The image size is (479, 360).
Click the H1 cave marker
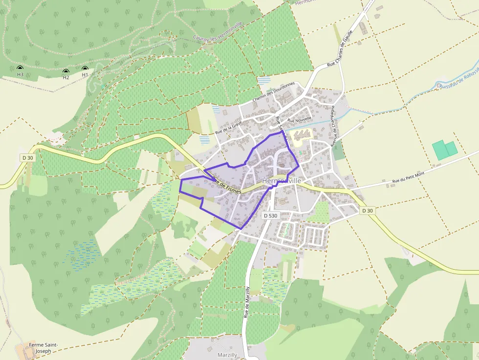(x=85, y=69)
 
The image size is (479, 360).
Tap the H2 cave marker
(x=66, y=71)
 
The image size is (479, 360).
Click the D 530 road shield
(x=270, y=215)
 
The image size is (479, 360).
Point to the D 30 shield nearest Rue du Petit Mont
(x=368, y=211)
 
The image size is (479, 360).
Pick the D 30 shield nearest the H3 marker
(x=28, y=158)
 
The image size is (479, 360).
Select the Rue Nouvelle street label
(x=300, y=119)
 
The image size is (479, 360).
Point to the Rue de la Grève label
(x=229, y=127)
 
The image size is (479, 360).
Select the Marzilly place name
(x=227, y=355)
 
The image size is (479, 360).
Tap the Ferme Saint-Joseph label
(x=43, y=348)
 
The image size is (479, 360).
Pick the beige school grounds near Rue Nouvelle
(x=300, y=135)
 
